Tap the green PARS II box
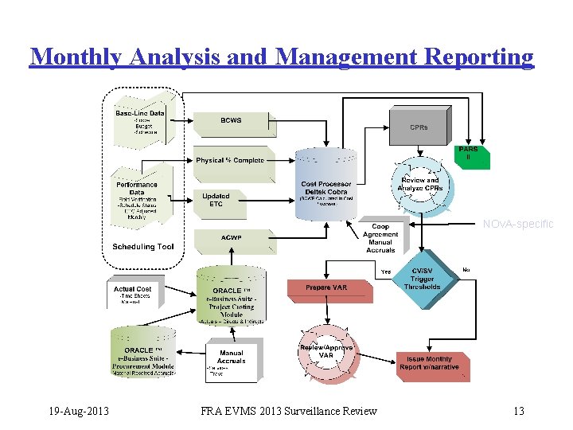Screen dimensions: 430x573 click(x=468, y=154)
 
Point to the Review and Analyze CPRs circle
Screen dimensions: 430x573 click(x=420, y=186)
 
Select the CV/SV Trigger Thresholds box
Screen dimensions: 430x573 click(x=422, y=280)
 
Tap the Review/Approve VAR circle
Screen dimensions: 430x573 click(x=326, y=352)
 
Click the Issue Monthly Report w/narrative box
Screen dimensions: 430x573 click(x=435, y=363)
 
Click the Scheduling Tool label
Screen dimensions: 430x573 click(x=143, y=247)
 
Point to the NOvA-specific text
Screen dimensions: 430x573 click(x=518, y=225)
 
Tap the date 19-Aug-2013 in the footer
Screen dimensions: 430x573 click(x=78, y=411)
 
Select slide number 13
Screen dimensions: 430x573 click(x=519, y=411)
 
